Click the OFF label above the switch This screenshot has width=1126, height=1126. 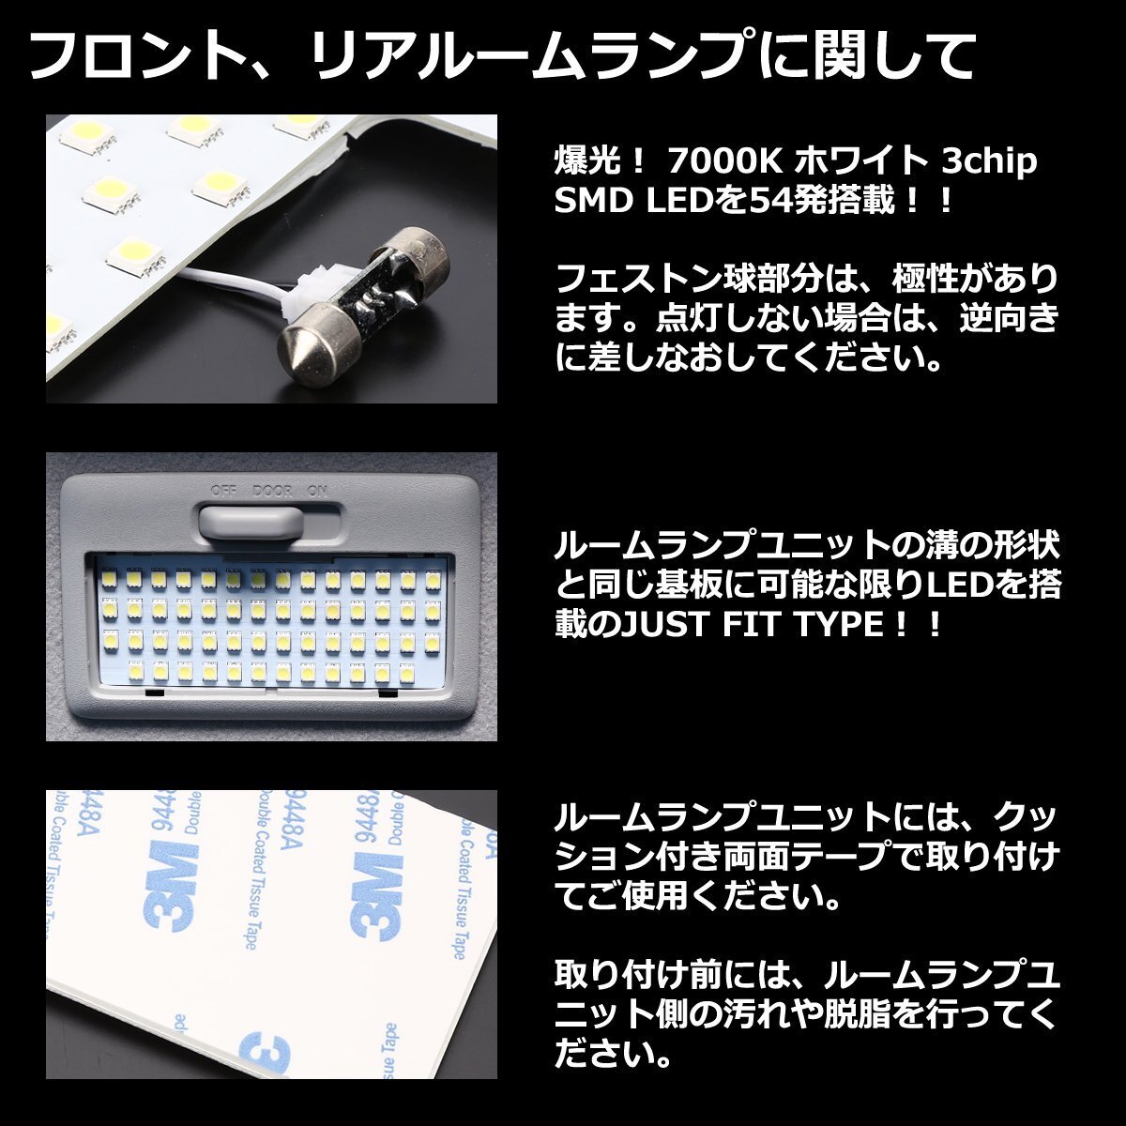pos(222,491)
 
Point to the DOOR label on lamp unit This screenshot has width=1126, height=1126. pos(273,491)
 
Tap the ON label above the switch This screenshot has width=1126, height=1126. pos(317,491)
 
